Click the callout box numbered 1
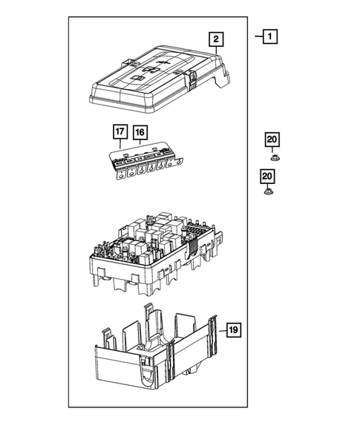pos(270,36)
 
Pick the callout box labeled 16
pos(140,134)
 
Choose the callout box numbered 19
pos(232,329)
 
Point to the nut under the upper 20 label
pos(272,157)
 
